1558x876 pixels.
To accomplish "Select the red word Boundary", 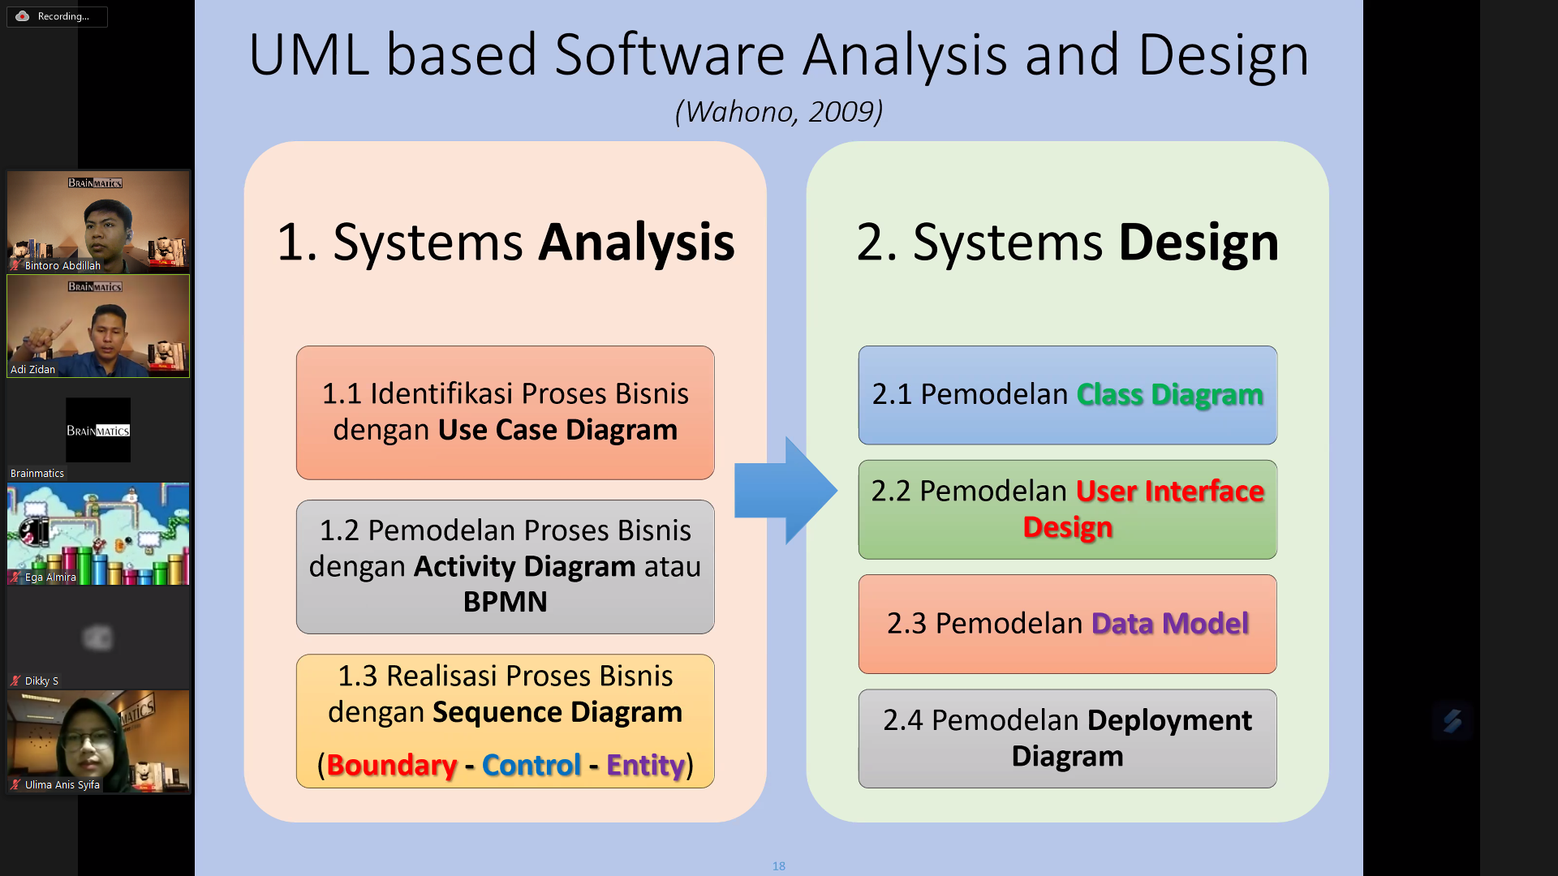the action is pos(392,765).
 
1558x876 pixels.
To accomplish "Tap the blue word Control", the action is pos(532,765).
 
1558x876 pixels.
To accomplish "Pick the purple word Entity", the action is pos(645,765).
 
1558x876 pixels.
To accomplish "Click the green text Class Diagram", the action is pos(1169,394).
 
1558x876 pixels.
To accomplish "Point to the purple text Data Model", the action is pos(1170,623).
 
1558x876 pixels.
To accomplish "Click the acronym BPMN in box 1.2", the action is pos(505,602).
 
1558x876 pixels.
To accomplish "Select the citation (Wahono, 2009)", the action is pos(779,111).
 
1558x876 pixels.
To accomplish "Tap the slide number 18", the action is pos(779,866).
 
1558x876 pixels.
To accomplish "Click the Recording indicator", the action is pos(57,16).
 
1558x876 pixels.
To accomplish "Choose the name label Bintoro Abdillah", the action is pos(62,265).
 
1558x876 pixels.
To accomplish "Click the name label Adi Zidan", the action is pos(33,369).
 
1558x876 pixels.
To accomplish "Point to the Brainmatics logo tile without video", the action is pos(98,430).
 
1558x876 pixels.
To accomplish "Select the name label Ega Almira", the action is pos(50,577).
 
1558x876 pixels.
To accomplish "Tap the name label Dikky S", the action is pos(41,681).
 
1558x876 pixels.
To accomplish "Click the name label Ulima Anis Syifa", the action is pos(62,784).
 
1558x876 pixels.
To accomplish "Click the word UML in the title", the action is pos(308,55).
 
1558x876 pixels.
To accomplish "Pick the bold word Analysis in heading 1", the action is pos(636,242).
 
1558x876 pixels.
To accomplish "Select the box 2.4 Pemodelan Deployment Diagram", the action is pos(1067,738).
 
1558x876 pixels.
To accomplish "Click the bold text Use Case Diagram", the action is pos(557,429).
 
